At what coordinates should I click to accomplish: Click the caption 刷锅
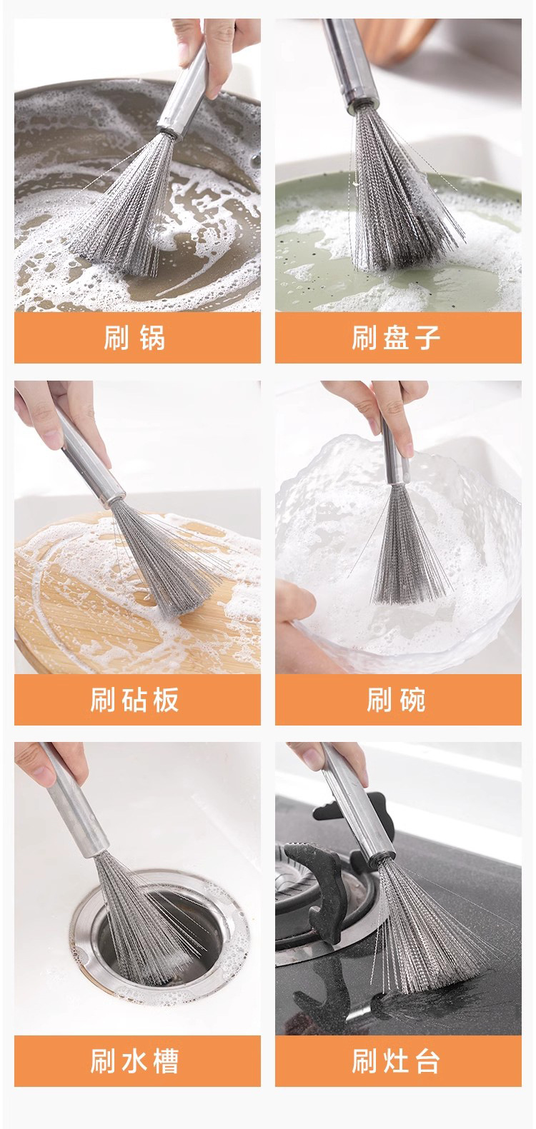[134, 338]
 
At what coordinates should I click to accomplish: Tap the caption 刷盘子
[397, 338]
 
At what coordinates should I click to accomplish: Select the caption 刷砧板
[134, 700]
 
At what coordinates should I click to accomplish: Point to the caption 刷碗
[397, 700]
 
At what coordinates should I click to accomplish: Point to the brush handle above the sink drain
[76, 801]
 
